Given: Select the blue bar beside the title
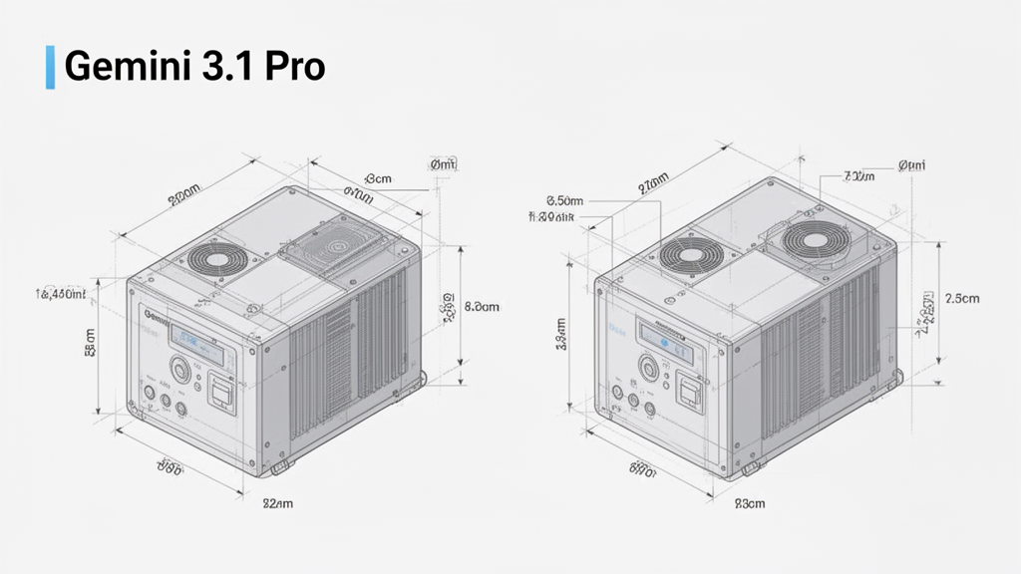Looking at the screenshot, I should coord(50,67).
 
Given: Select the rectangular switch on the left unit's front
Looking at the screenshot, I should coord(222,394).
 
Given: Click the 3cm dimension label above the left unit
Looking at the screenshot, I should coord(378,178).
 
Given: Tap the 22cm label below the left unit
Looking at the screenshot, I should coord(277,504).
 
